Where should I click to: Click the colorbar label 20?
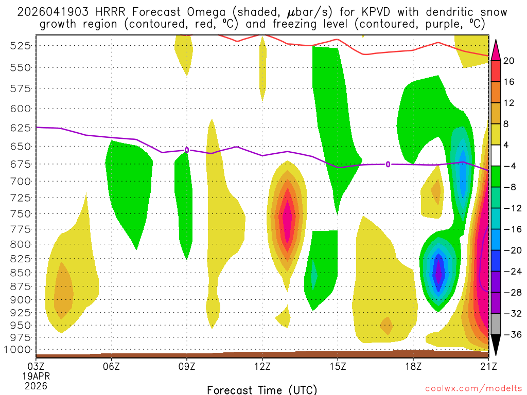pos(509,61)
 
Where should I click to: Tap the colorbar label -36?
pos(511,334)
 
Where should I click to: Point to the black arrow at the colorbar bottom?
pos(495,344)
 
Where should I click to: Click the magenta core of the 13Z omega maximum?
pos(287,219)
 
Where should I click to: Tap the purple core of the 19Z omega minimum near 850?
pos(438,273)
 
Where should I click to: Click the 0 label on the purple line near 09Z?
pos(187,150)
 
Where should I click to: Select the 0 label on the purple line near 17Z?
pos(388,164)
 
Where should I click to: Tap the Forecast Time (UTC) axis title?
pos(262,389)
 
